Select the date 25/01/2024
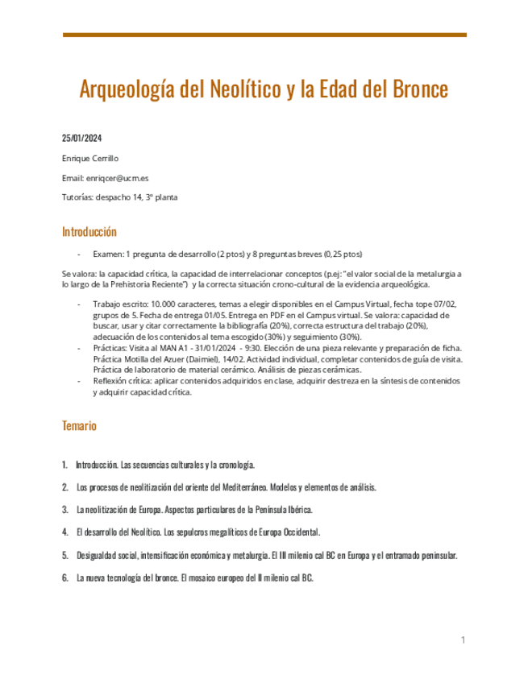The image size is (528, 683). (x=82, y=137)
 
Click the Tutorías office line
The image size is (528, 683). (x=120, y=197)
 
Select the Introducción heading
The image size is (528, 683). (x=89, y=232)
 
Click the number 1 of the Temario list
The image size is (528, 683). (x=64, y=466)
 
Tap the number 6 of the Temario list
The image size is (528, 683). (x=64, y=578)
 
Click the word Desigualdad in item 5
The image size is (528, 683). (x=98, y=556)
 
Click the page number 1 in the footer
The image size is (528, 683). (x=464, y=640)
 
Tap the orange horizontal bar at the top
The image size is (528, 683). (x=264, y=35)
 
